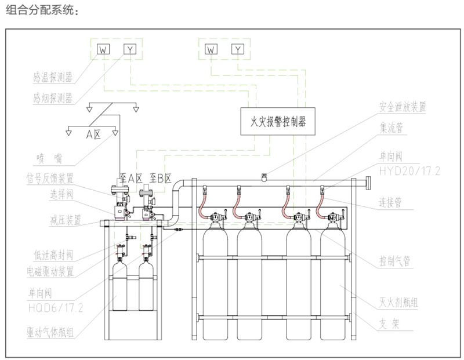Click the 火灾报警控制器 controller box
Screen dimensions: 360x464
point(277,122)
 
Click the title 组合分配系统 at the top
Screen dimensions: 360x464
point(40,11)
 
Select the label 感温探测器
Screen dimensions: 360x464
point(53,77)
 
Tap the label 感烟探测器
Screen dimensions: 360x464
point(53,99)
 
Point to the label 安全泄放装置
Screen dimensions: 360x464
point(403,107)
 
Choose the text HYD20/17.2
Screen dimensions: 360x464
point(410,172)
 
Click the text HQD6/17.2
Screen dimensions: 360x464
point(56,308)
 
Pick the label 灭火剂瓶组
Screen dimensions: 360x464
point(399,303)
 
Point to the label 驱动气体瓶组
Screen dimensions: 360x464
point(53,332)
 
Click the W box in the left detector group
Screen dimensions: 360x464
point(103,49)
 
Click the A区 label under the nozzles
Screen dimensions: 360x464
point(93,134)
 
